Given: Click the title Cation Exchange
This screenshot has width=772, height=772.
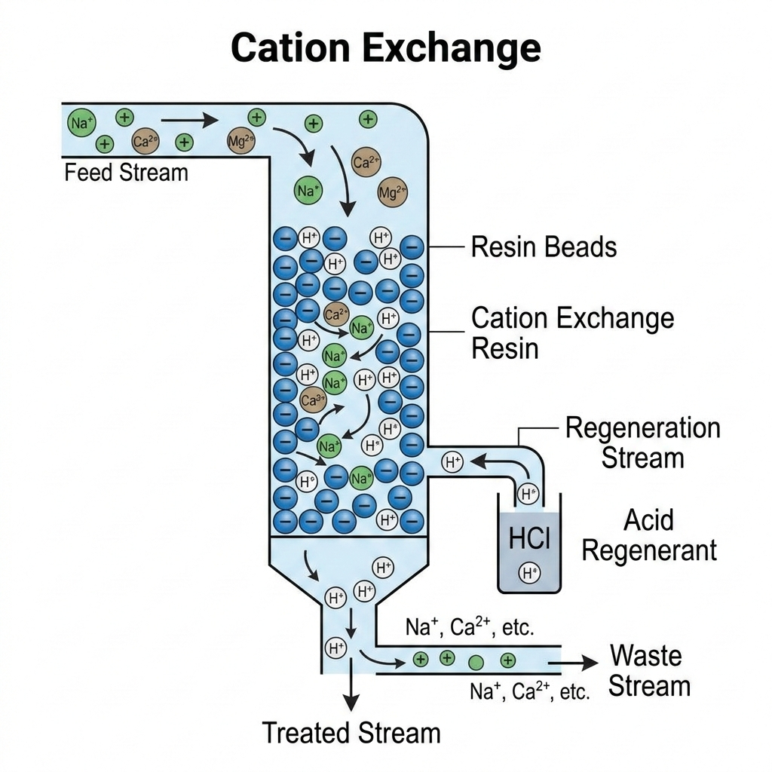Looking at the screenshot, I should click(x=385, y=48).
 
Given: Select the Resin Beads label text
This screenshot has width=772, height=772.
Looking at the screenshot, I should click(x=544, y=247).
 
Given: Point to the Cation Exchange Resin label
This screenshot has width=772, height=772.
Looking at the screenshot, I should click(x=572, y=332).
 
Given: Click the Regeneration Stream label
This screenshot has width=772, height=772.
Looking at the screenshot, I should click(x=642, y=443).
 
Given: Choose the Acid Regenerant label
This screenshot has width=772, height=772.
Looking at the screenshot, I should click(x=648, y=535).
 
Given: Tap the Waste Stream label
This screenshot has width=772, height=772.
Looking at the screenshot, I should click(x=649, y=670).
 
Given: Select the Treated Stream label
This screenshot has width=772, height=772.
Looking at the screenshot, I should click(x=351, y=732).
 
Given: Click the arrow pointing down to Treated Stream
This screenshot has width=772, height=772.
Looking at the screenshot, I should click(x=351, y=690).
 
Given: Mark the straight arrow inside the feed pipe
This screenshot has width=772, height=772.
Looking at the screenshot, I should click(x=188, y=119).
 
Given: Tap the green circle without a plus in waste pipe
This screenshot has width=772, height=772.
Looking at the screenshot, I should click(x=476, y=663).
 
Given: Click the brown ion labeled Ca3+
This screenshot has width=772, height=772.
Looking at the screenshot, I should click(x=312, y=400).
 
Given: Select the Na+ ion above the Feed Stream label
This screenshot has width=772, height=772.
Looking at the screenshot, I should click(x=81, y=122).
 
